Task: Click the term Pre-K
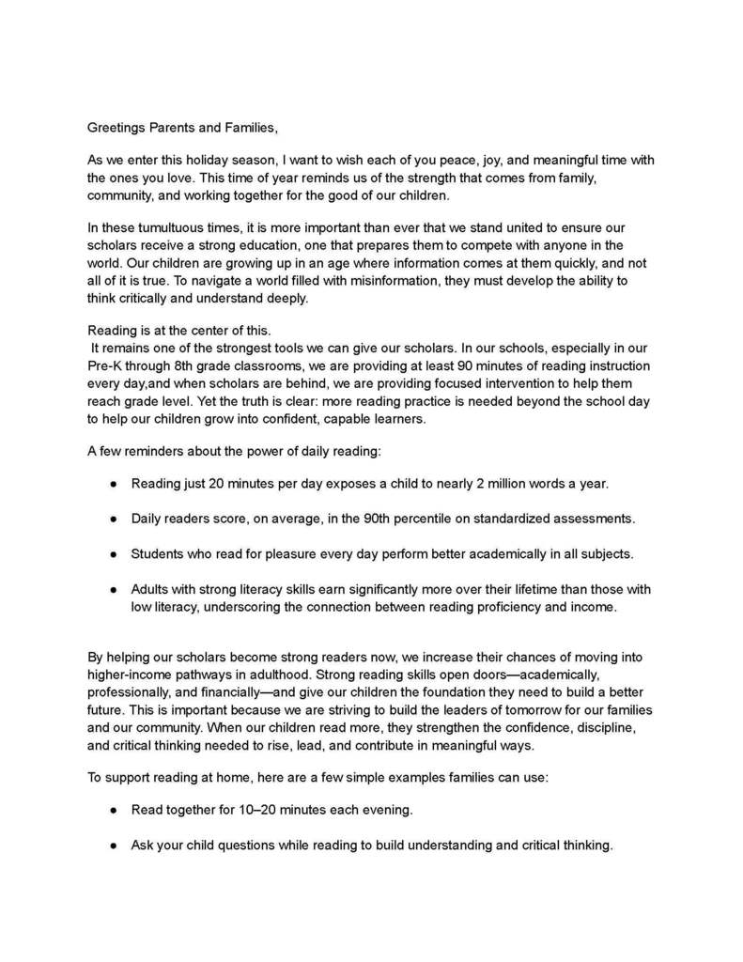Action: [x=105, y=365]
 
